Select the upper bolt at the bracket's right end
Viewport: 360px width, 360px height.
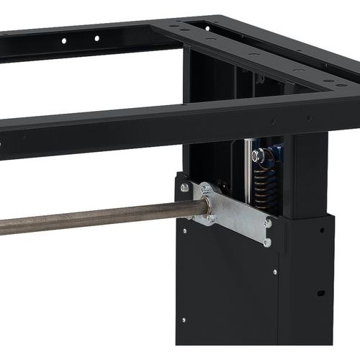pyautogui.click(x=268, y=223)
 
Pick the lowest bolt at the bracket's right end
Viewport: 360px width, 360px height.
pyautogui.click(x=266, y=242)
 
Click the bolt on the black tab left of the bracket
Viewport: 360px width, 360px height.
pyautogui.click(x=184, y=188)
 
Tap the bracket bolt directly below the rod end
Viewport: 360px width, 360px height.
pyautogui.click(x=210, y=218)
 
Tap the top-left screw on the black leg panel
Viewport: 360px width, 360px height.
pyautogui.click(x=184, y=231)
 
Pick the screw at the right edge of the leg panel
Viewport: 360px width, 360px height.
pyautogui.click(x=274, y=272)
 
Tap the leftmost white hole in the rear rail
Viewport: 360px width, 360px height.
pyautogui.click(x=63, y=40)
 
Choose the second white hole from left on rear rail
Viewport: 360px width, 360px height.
pyautogui.click(x=96, y=37)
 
